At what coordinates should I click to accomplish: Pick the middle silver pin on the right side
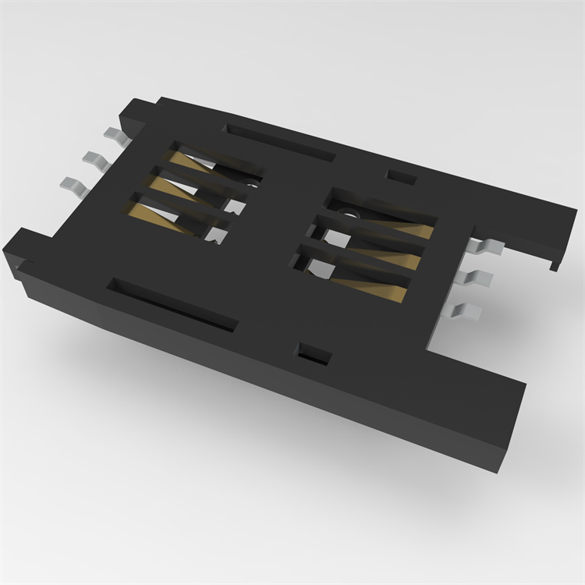pyautogui.click(x=476, y=279)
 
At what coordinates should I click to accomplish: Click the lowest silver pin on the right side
pyautogui.click(x=465, y=310)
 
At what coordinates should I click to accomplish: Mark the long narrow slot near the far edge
pyautogui.click(x=278, y=141)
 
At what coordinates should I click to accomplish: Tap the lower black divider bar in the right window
pyautogui.click(x=355, y=261)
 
